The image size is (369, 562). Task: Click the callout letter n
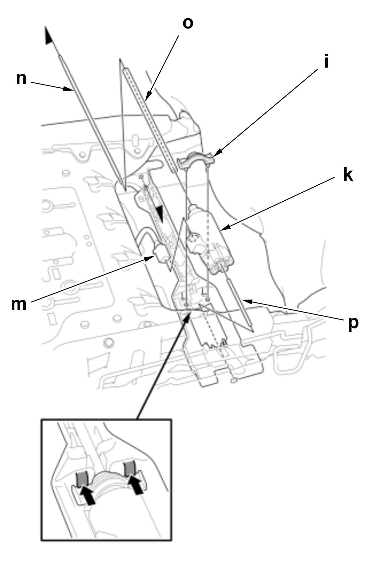21,79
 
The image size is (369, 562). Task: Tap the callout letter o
188,23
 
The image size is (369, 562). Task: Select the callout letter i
326,62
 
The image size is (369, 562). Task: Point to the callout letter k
348,175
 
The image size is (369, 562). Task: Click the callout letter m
19,305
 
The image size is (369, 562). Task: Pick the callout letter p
354,323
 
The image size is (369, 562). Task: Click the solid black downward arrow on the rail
160,212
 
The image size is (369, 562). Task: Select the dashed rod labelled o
148,114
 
